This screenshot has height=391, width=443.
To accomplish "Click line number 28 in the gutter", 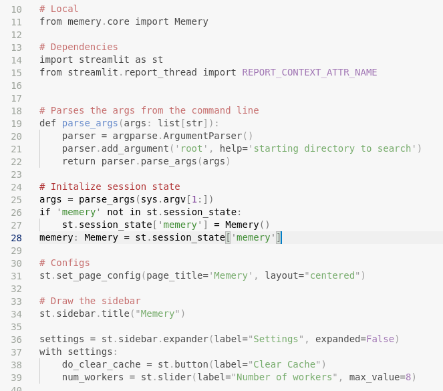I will (16, 237).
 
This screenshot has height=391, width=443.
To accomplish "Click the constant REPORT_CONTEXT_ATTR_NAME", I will (309, 72).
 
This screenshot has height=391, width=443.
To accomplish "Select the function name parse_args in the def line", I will (90, 123).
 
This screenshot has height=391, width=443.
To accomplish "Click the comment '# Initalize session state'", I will (110, 186).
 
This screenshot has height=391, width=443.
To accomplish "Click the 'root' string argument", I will (188, 148).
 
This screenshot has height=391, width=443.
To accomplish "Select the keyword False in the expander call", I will (380, 339).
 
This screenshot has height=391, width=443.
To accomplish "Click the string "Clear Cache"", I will (287, 364).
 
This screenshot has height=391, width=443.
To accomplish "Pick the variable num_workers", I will (93, 377).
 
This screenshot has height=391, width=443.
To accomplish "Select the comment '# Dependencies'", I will (78, 47).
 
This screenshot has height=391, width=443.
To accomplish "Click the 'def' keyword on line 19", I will (47, 123).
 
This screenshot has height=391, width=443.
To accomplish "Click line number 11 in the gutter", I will (16, 21).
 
